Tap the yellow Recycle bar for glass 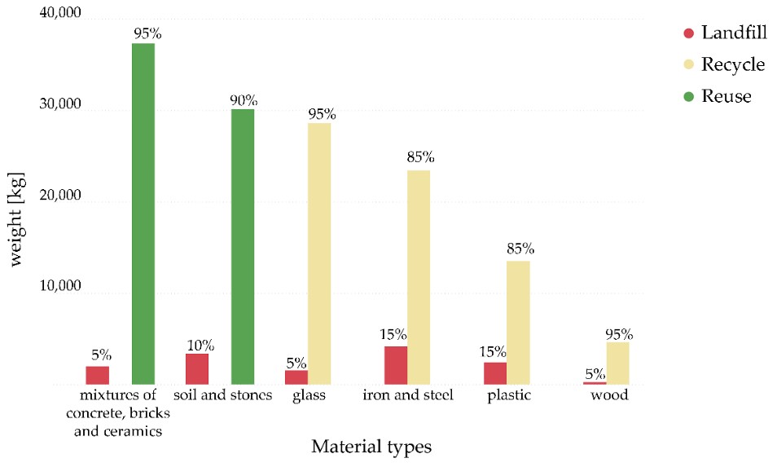(x=319, y=253)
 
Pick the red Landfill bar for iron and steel (x=396, y=365)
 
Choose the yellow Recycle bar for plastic (x=518, y=323)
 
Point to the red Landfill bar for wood (x=595, y=383)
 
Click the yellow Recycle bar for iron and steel (x=419, y=277)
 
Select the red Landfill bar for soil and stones (x=197, y=368)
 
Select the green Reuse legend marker (x=688, y=96)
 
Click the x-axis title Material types (x=371, y=447)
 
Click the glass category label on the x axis (x=309, y=396)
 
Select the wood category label (x=611, y=396)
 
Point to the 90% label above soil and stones (x=244, y=100)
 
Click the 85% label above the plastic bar (x=520, y=249)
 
